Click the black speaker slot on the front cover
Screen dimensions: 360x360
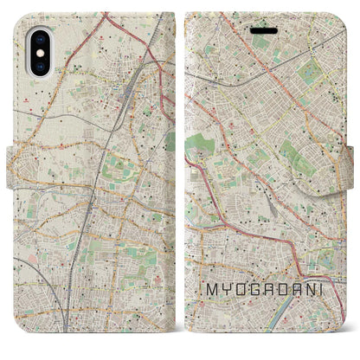(x=263, y=28)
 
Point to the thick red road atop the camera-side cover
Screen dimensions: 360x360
(x=130, y=35)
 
